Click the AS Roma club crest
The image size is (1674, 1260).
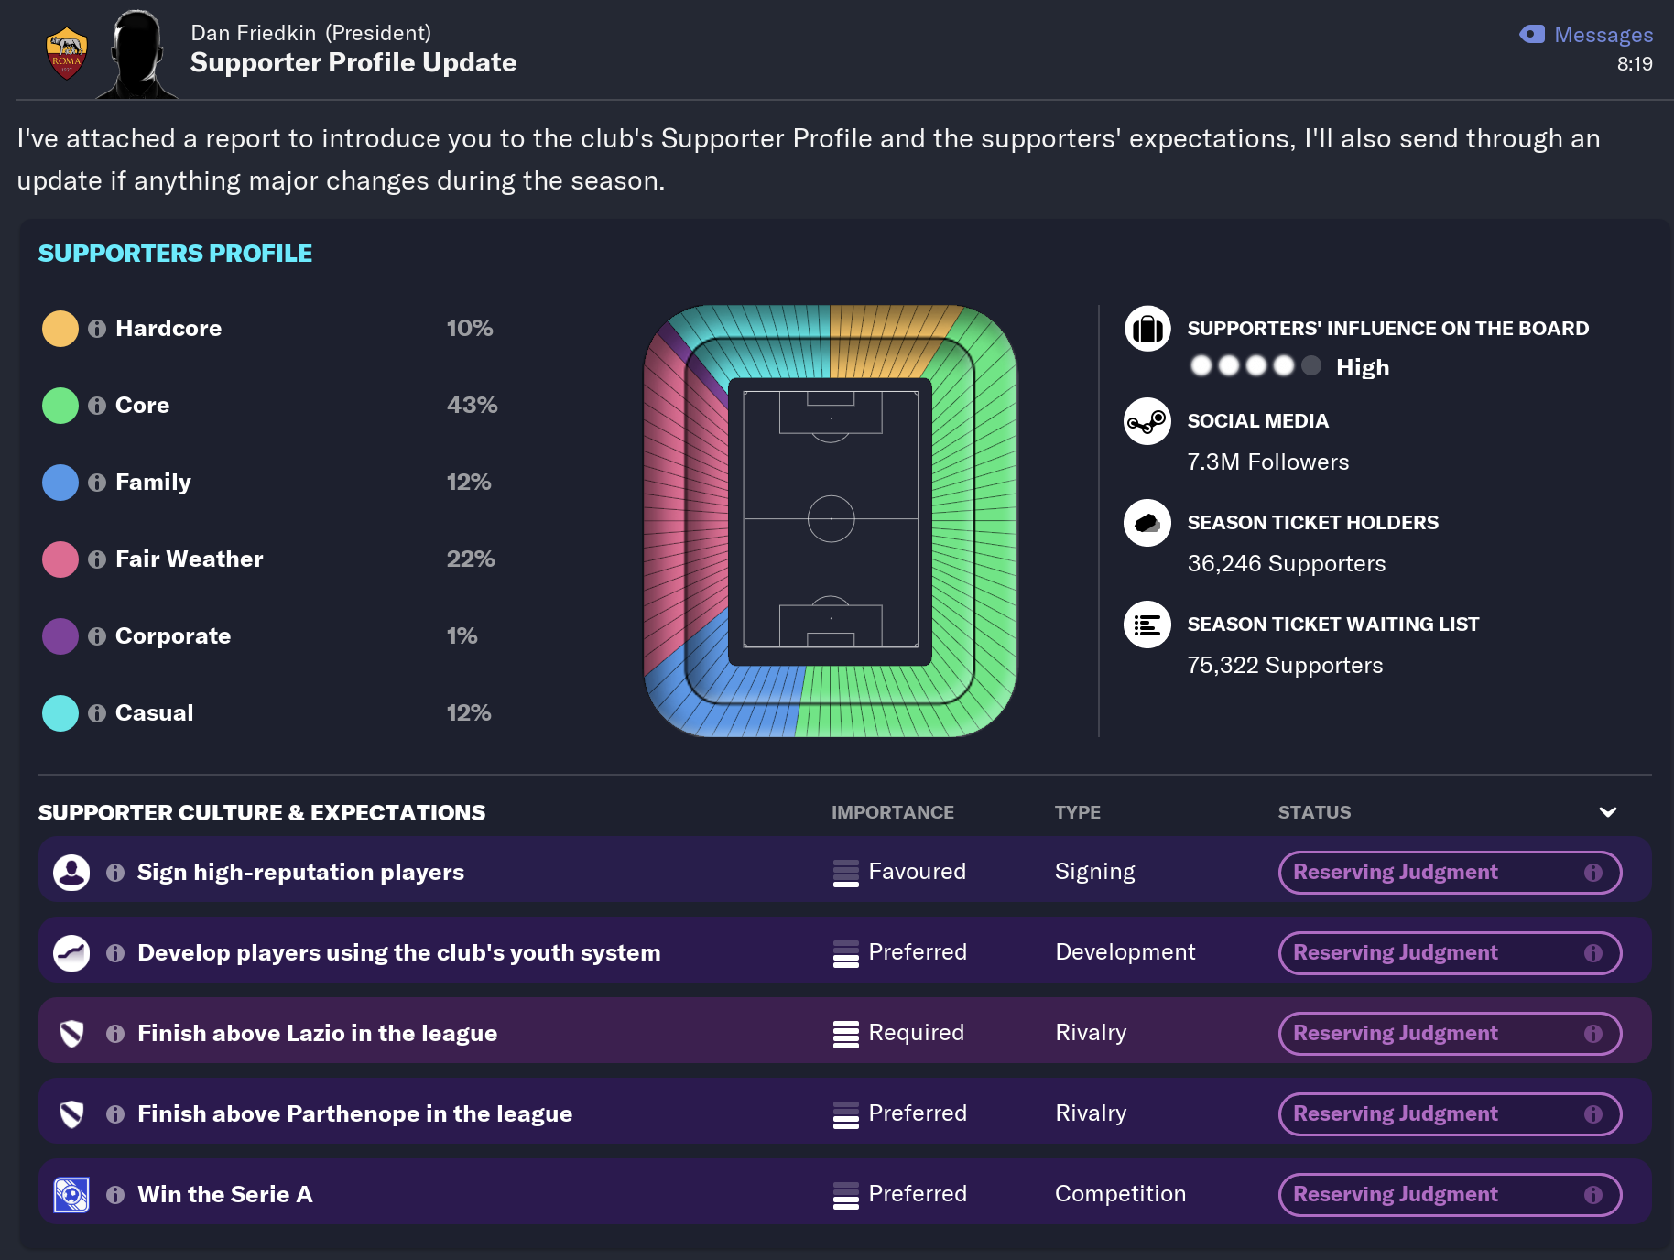[66, 54]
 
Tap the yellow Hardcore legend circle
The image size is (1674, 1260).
[60, 329]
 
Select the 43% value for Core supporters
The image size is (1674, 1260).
[472, 405]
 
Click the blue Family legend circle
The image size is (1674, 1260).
[60, 483]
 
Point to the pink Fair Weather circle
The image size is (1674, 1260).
[60, 559]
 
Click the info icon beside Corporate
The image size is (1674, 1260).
[97, 636]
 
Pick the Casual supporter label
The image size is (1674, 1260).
[154, 713]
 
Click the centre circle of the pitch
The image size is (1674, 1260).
[831, 518]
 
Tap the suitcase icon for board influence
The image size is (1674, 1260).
[1147, 329]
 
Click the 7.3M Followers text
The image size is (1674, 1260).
[1267, 462]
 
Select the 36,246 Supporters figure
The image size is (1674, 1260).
[1286, 564]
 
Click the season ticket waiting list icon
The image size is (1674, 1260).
[1147, 625]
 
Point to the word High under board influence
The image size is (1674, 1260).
[1362, 368]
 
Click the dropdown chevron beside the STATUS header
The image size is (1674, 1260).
[1607, 812]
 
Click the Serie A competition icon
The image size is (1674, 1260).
[71, 1195]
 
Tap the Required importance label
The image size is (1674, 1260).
[916, 1033]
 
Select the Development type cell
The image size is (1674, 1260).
[1125, 952]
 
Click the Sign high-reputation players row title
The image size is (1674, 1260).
[300, 873]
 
